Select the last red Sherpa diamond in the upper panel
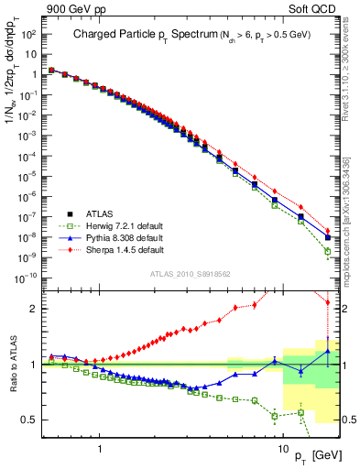(328, 231)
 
